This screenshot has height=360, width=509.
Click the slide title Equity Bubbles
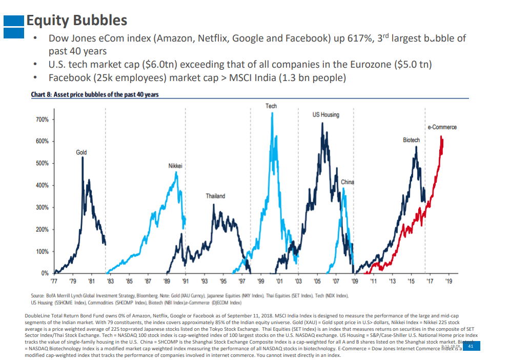pyautogui.click(x=76, y=21)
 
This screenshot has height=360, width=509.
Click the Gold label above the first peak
pyautogui.click(x=81, y=152)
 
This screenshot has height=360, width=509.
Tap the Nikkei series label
pyautogui.click(x=175, y=166)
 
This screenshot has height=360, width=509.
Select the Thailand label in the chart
pyautogui.click(x=215, y=196)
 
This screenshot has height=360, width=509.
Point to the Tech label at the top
pyautogui.click(x=271, y=106)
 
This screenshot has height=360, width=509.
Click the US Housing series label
pyautogui.click(x=325, y=114)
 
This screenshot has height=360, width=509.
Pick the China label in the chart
pyautogui.click(x=347, y=182)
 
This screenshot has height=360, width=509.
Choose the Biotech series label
pyautogui.click(x=411, y=139)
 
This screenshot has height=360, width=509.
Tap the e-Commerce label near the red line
pyautogui.click(x=442, y=127)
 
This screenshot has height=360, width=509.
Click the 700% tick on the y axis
pyautogui.click(x=42, y=119)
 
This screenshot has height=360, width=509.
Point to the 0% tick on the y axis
pyautogui.click(x=45, y=273)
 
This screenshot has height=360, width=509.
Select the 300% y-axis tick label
pyautogui.click(x=42, y=208)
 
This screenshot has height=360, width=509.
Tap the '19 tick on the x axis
pyautogui.click(x=449, y=282)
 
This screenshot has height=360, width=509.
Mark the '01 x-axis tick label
pyautogui.click(x=279, y=282)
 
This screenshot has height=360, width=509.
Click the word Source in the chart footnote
pyautogui.click(x=38, y=296)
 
